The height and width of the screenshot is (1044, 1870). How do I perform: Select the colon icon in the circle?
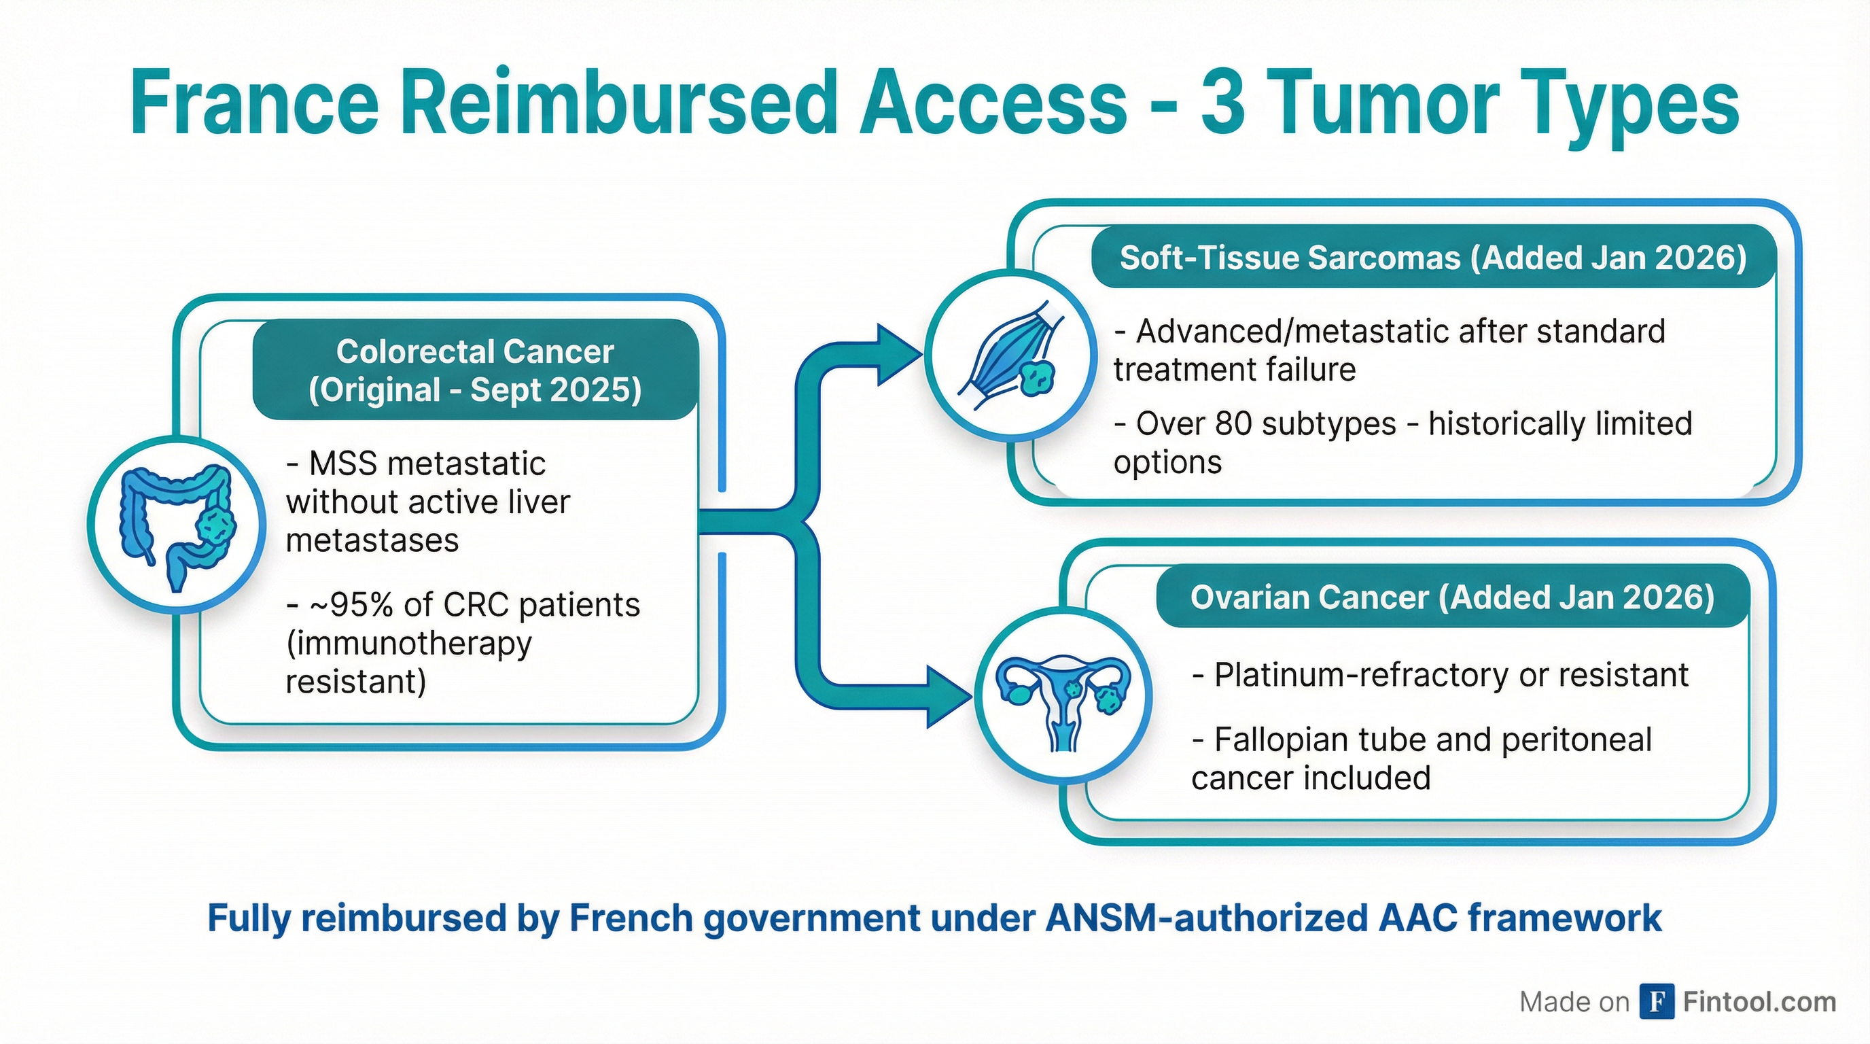coord(177,525)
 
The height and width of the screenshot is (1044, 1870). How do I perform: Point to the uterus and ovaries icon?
coord(1063,699)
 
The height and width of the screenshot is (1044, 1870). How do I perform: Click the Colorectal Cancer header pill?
coord(475,370)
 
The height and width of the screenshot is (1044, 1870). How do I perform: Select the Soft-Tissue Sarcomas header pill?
coord(1433,258)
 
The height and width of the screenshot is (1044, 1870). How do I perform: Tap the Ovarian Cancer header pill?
coord(1452,597)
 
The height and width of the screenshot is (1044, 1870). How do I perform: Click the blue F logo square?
coord(1657,1002)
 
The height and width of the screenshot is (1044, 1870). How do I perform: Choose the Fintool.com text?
coord(1759,1002)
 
